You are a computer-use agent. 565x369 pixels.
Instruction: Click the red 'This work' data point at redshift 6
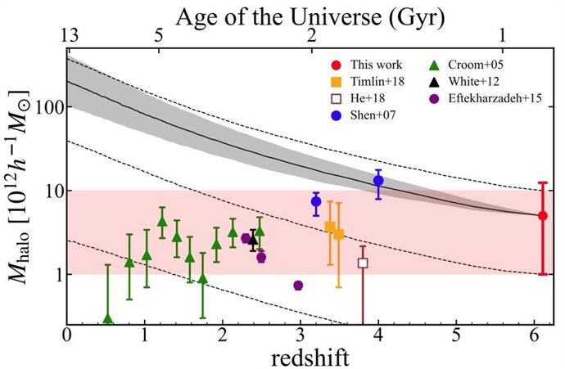coord(542,215)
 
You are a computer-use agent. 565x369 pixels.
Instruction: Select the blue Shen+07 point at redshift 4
coord(378,180)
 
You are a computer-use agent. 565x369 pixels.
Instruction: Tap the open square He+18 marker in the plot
coord(363,263)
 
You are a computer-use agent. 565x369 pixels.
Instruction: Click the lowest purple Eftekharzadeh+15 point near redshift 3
coord(298,285)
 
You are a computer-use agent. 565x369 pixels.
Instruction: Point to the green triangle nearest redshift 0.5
coord(107,318)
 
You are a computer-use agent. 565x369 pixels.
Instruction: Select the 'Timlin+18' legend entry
coord(377,82)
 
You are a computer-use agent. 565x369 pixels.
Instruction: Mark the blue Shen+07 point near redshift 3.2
coord(316,201)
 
